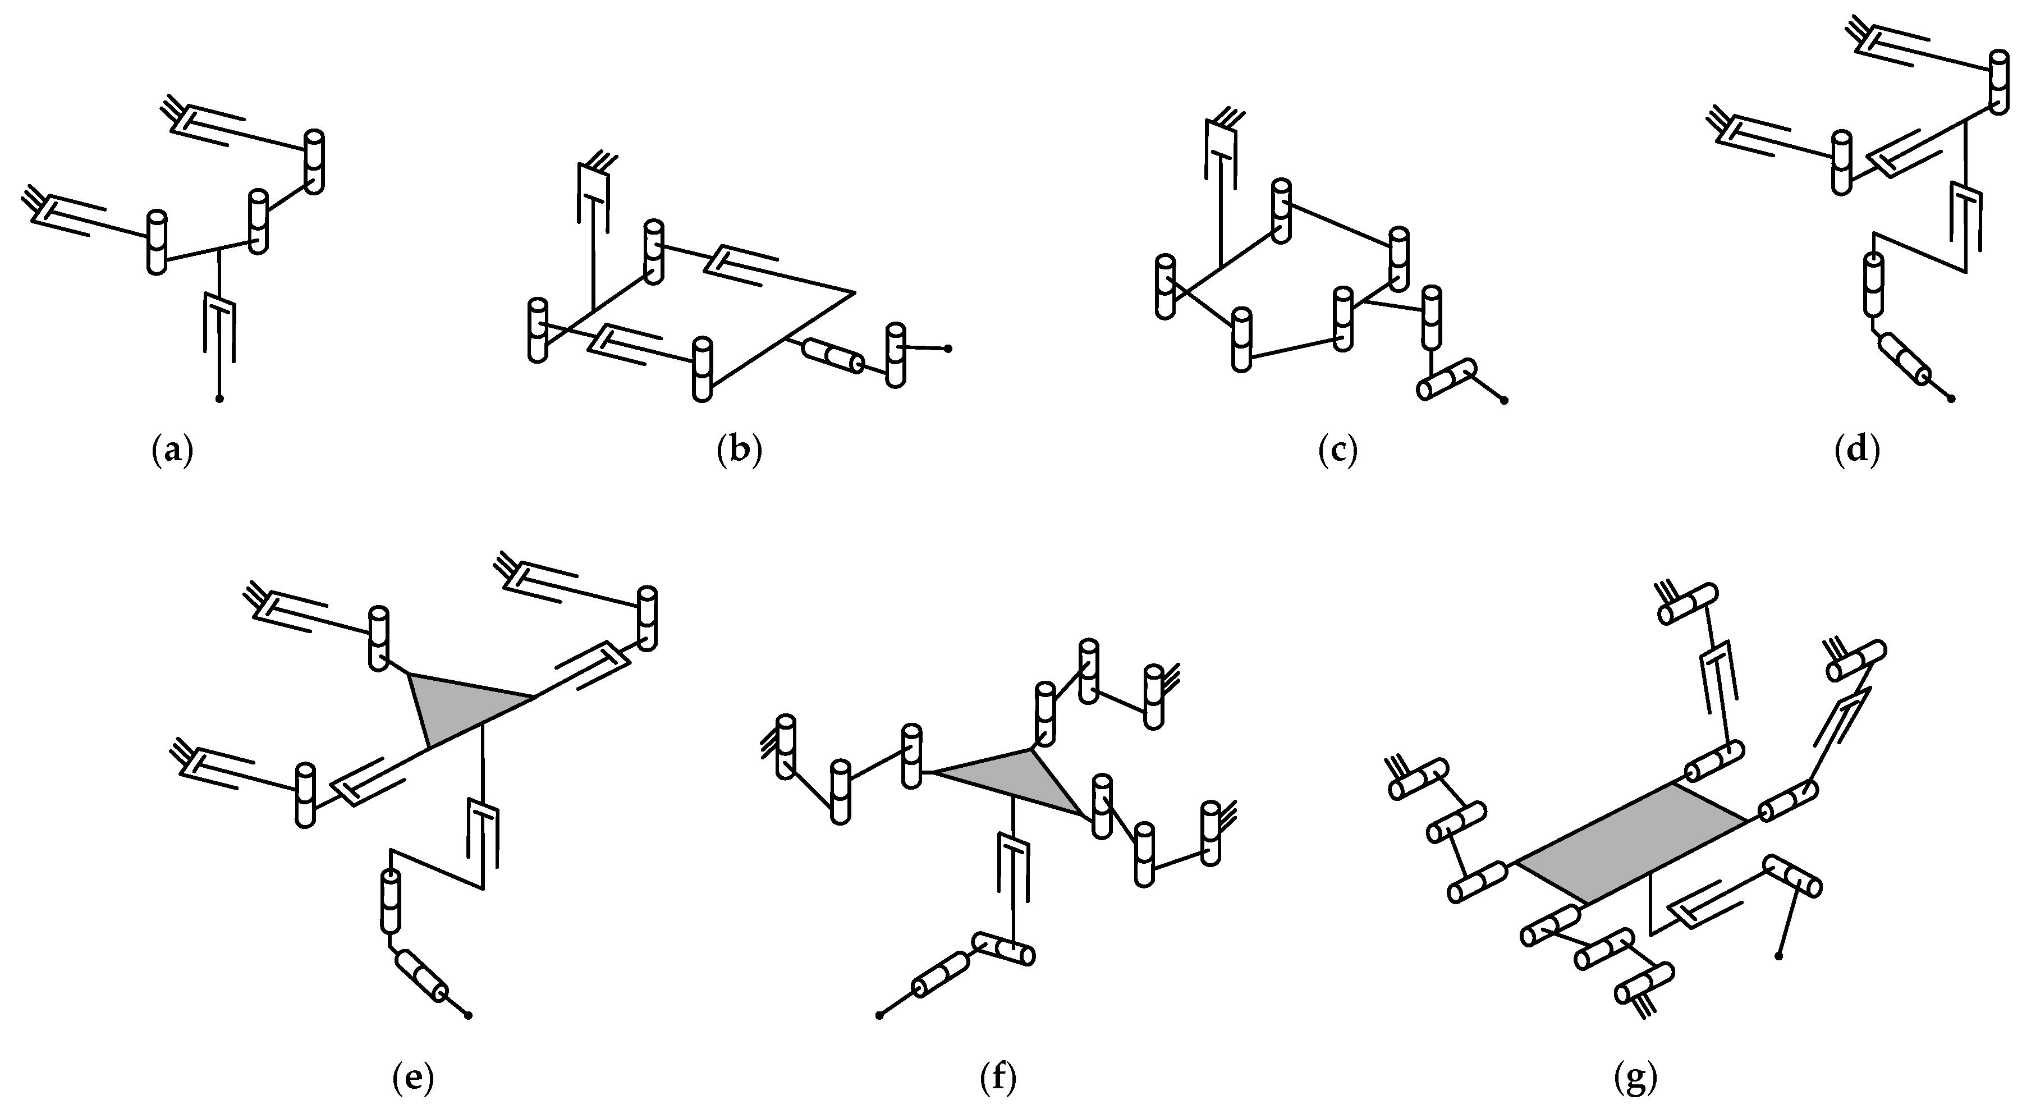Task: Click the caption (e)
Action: [413, 1078]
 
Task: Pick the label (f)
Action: [998, 1078]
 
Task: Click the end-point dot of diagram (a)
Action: [220, 399]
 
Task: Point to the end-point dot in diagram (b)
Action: [948, 348]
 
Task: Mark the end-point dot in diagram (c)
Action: [1505, 400]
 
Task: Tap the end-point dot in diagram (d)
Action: [1952, 399]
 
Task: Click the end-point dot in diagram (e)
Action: [469, 1016]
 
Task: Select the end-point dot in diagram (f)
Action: [879, 1016]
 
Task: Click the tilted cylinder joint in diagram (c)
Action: [1447, 379]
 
